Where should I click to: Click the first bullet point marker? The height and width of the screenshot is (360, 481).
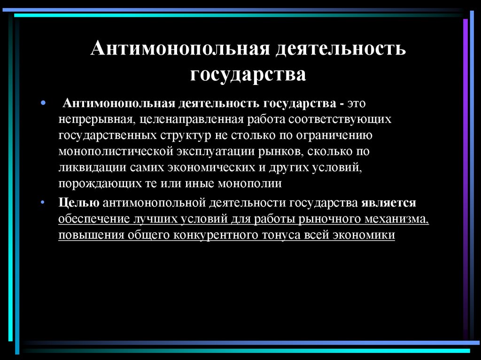pyautogui.click(x=43, y=102)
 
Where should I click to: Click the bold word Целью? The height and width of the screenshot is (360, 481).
pyautogui.click(x=78, y=202)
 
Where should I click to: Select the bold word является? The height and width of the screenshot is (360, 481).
pyautogui.click(x=389, y=202)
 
